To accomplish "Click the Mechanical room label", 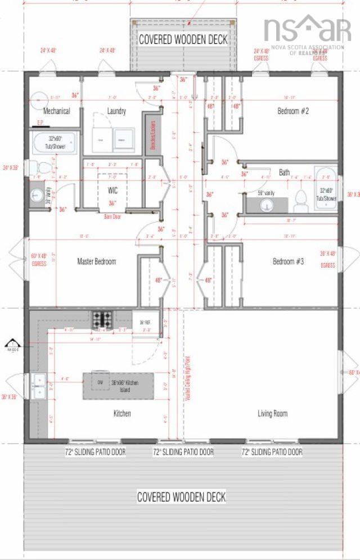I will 56,111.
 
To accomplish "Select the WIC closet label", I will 112,191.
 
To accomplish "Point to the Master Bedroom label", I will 96,261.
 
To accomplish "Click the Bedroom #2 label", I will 293,111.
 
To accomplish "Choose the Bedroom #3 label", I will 288,261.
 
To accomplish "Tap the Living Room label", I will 272,414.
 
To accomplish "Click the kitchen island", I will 118,385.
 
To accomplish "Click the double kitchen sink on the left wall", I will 39,386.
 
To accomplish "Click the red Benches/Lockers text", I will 151,133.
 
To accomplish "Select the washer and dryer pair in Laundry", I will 114,137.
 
